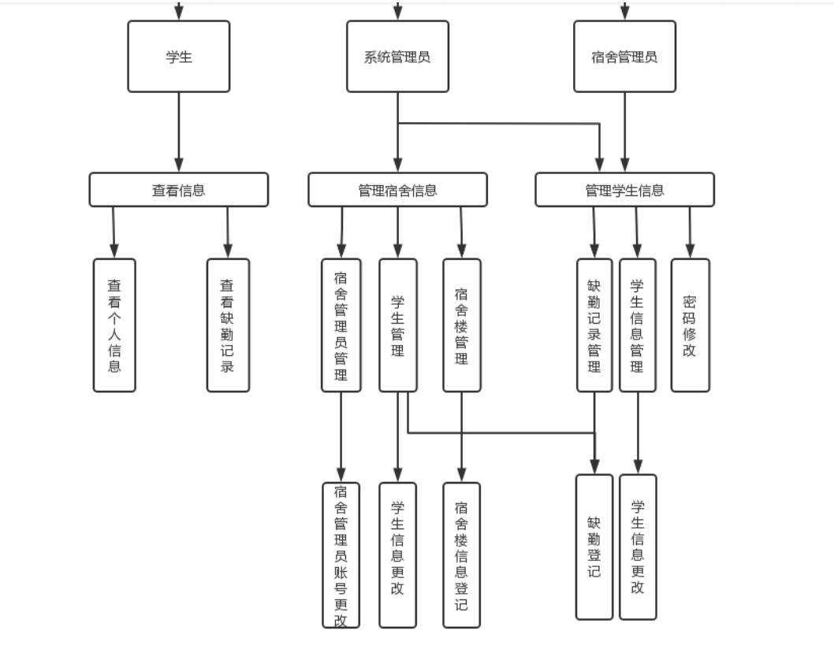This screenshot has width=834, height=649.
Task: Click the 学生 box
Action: (179, 57)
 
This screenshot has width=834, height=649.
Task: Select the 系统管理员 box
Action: (397, 57)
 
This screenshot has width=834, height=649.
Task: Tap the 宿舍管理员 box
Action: (624, 57)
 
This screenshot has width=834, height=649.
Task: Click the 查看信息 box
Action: (179, 190)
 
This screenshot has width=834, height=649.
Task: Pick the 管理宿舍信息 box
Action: (397, 190)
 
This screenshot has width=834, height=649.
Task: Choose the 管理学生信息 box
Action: (624, 190)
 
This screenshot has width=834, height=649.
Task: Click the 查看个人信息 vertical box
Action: (114, 324)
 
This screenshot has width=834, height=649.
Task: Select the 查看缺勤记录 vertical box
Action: (228, 324)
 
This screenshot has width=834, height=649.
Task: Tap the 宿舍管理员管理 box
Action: (341, 324)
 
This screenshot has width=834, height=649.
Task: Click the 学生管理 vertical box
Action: (398, 324)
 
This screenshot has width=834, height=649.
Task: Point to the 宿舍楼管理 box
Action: (462, 324)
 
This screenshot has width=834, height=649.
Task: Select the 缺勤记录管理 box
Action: (594, 324)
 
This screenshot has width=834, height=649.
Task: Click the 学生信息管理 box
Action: (637, 324)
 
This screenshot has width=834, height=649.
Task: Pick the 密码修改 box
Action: (690, 324)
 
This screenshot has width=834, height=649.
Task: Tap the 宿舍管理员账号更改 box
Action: (341, 554)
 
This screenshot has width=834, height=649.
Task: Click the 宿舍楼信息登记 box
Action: (462, 554)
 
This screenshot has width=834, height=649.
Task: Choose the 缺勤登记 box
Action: (594, 547)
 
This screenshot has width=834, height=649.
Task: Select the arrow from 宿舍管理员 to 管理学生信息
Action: (625, 132)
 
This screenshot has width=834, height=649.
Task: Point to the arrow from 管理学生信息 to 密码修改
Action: (690, 232)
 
